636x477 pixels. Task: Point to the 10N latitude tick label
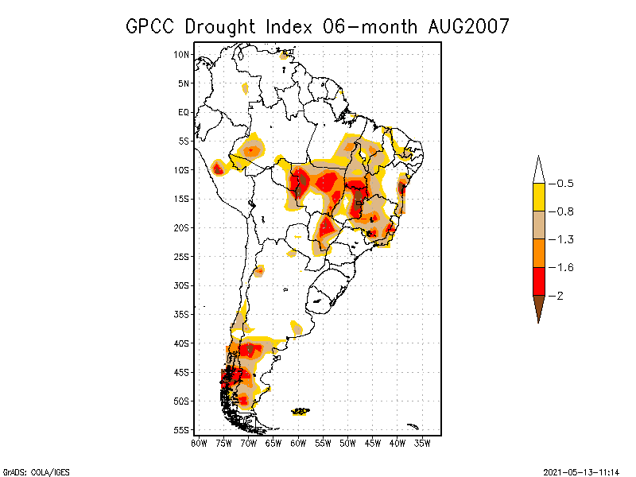click(x=182, y=54)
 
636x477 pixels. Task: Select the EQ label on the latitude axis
click(x=184, y=112)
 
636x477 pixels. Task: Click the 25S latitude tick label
click(x=182, y=256)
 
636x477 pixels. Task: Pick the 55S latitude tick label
click(x=182, y=429)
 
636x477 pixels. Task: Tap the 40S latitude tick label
click(x=182, y=343)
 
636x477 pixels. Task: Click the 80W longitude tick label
click(x=199, y=442)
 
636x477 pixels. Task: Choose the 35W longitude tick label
click(x=422, y=442)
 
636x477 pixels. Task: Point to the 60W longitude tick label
click(x=298, y=442)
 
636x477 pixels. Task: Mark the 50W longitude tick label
click(x=348, y=442)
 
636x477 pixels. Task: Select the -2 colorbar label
click(x=558, y=296)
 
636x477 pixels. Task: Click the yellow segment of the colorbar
click(x=538, y=197)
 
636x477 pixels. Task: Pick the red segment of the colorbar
click(x=538, y=281)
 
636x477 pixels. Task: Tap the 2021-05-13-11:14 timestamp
click(x=581, y=471)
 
